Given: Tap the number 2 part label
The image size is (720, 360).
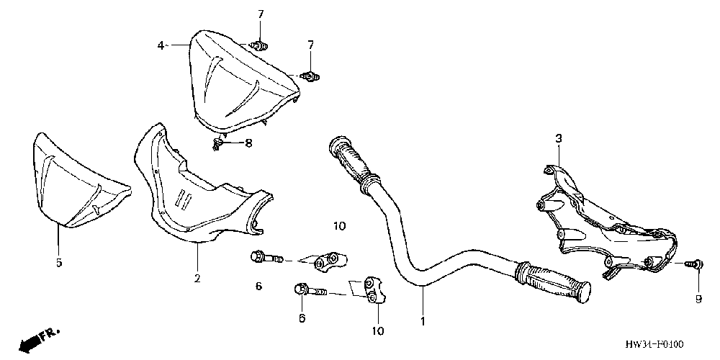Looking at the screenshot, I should point(197,277).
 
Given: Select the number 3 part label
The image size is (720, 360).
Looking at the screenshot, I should point(558,138).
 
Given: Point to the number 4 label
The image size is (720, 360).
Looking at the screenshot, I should point(161,45).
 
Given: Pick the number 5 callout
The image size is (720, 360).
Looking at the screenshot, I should point(59,262).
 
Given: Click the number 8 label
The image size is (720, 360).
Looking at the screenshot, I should point(248,143).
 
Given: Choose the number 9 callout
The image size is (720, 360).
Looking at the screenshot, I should point(698,299).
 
